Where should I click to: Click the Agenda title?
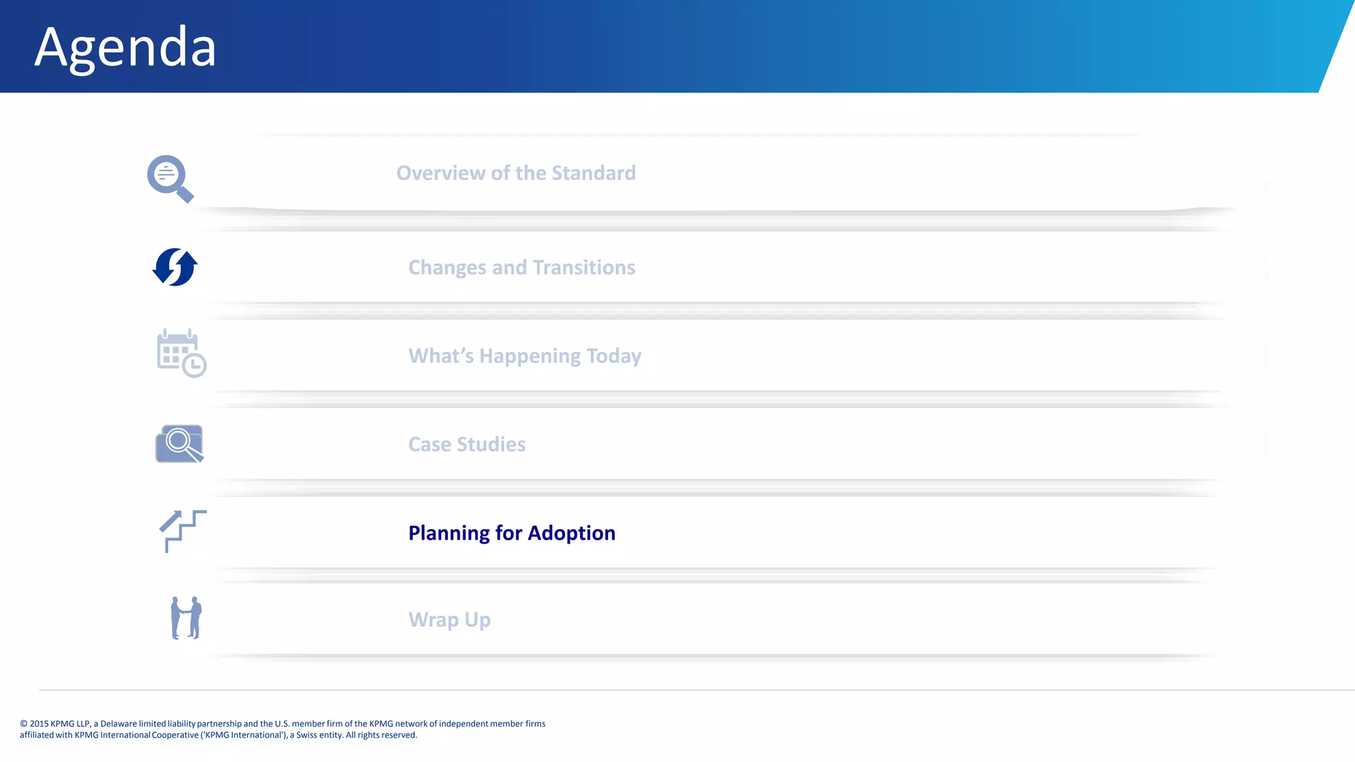point(125,48)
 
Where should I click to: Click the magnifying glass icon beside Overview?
point(169,178)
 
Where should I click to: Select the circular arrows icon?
point(175,267)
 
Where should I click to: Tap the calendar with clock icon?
point(181,353)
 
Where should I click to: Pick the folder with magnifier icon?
point(179,443)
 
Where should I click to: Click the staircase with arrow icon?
point(183,530)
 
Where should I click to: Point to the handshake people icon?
point(186,618)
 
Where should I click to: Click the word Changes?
point(447,268)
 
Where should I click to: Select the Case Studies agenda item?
point(466,444)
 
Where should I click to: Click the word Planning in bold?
point(449,533)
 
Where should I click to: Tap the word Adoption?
point(571,533)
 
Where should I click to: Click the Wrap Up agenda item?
point(449,620)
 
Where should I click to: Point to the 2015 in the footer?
point(39,724)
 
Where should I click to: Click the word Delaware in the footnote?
point(118,724)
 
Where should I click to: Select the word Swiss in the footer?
point(307,735)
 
